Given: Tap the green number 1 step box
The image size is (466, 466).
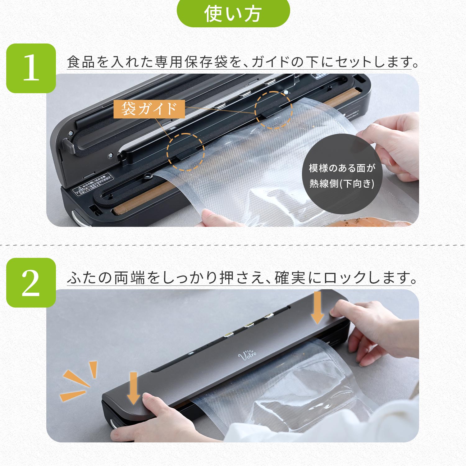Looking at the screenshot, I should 31,68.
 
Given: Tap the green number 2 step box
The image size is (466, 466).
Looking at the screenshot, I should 31,283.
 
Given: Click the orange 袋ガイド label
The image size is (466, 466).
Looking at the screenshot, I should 149,109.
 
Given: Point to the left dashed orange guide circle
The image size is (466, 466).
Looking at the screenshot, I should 185,152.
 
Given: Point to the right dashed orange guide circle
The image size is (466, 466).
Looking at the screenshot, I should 273,110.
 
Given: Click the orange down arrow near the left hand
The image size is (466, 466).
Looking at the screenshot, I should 134,388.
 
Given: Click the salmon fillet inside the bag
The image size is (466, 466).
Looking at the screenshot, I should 367,222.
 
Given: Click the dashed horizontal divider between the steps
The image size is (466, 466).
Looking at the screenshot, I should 233,245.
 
